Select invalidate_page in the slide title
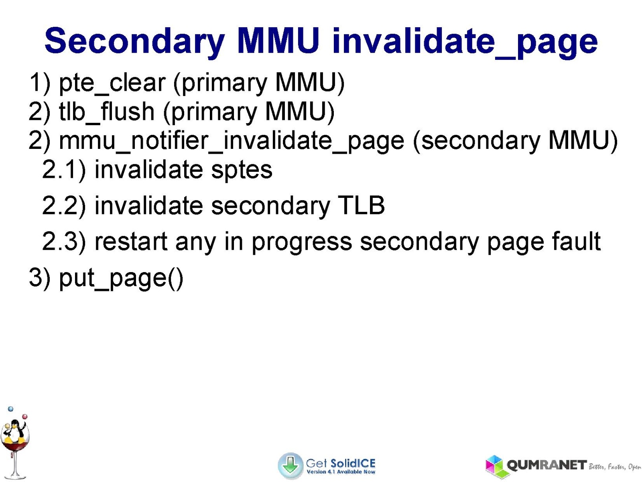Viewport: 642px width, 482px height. pyautogui.click(x=465, y=42)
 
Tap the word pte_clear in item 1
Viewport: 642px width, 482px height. pyautogui.click(x=112, y=83)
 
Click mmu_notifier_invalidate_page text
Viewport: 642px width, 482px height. pyautogui.click(x=232, y=141)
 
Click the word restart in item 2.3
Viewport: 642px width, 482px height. pyautogui.click(x=131, y=242)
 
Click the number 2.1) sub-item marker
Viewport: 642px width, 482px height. pyautogui.click(x=64, y=170)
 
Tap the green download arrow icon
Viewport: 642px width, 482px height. pyautogui.click(x=290, y=466)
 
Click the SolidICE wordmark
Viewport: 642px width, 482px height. pyautogui.click(x=353, y=463)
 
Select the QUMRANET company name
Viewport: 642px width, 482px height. pyautogui.click(x=547, y=465)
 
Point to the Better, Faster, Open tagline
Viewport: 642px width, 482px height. pyautogui.click(x=614, y=467)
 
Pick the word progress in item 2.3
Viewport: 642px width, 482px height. pyautogui.click(x=302, y=242)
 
